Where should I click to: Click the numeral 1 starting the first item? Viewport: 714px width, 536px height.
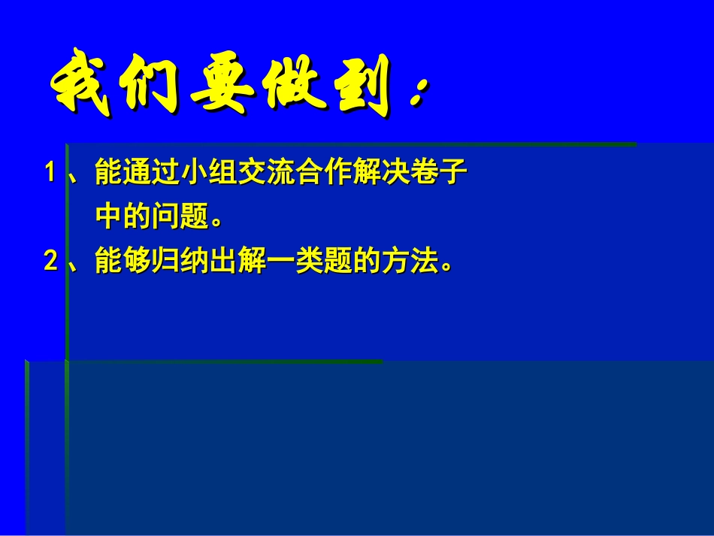click(50, 174)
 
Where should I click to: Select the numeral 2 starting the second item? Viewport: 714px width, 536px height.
click(50, 261)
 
